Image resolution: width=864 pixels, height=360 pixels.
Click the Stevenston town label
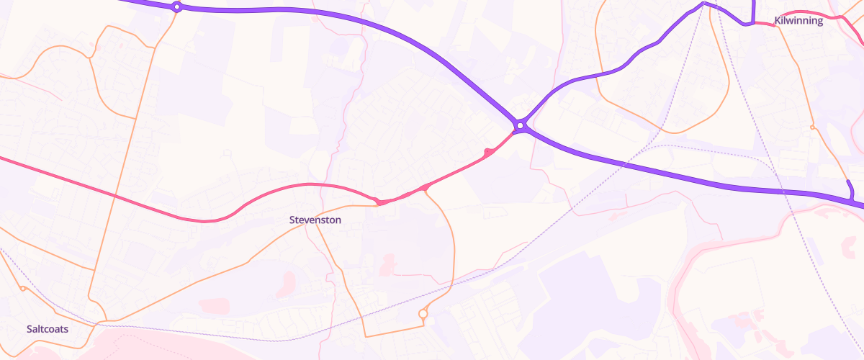pyautogui.click(x=315, y=220)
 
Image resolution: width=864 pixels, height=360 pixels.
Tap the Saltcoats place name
pyautogui.click(x=48, y=329)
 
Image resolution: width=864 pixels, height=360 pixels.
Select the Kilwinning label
pyautogui.click(x=798, y=21)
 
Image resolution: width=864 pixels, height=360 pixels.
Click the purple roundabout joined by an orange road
pyautogui.click(x=176, y=7)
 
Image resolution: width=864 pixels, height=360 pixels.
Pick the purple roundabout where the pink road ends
pyautogui.click(x=521, y=126)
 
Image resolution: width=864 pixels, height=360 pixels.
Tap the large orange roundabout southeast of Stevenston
pyautogui.click(x=423, y=314)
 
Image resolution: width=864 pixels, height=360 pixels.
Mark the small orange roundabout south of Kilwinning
pyautogui.click(x=812, y=127)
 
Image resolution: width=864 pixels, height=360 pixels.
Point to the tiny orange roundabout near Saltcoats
pyautogui.click(x=23, y=289)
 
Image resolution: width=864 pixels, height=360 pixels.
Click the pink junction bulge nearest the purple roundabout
pyautogui.click(x=489, y=152)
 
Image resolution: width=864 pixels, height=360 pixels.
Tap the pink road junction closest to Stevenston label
pyautogui.click(x=377, y=201)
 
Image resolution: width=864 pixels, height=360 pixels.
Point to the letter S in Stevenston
pyautogui.click(x=292, y=220)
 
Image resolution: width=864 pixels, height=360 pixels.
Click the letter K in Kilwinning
pyautogui.click(x=778, y=21)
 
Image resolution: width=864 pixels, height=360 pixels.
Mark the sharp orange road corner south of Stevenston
pyautogui.click(x=365, y=336)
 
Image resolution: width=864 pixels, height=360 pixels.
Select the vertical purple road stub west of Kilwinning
pyautogui.click(x=752, y=11)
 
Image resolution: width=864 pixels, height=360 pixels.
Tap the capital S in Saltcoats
pyautogui.click(x=30, y=329)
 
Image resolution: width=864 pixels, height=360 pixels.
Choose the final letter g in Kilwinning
pyautogui.click(x=819, y=22)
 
